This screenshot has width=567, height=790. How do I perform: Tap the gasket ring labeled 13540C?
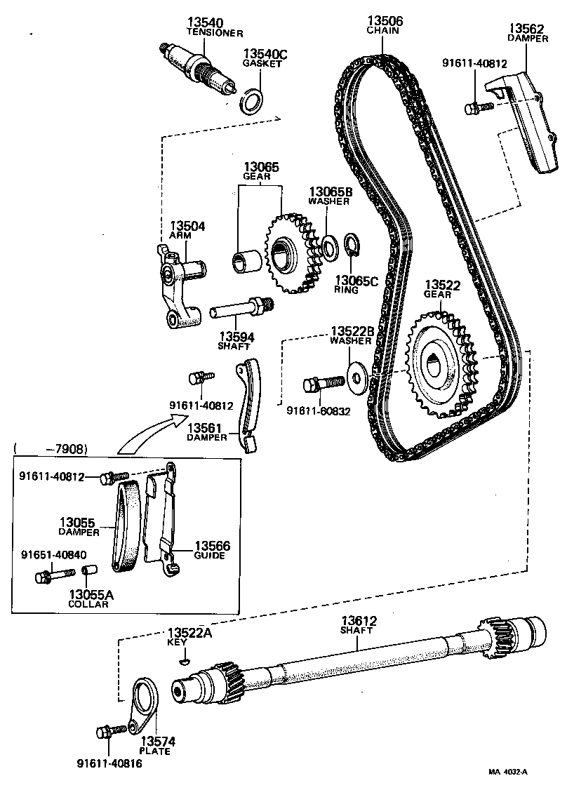pos(252,101)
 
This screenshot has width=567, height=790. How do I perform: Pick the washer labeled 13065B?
pos(327,246)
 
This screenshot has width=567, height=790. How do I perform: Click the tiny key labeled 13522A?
pos(185,659)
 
